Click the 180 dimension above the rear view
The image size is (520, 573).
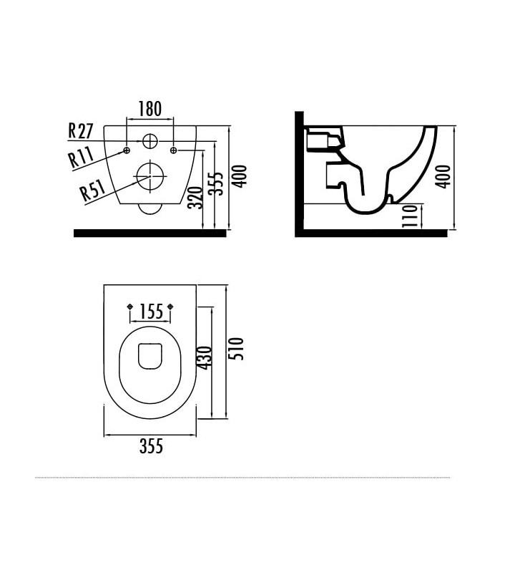pos(150,109)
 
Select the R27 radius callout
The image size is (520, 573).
pos(81,130)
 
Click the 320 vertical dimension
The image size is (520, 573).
pos(194,196)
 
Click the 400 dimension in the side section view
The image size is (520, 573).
pos(443,176)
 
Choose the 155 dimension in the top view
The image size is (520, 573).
pos(151,312)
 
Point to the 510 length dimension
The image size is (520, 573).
pos(237,349)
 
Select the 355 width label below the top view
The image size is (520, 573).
pos(151,447)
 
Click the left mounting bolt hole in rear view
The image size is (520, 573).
pos(127,150)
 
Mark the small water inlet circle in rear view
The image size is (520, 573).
pos(150,140)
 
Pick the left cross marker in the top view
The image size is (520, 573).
pos(130,307)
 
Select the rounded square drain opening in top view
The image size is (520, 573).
pos(150,356)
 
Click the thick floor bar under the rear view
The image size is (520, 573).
pos(150,233)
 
